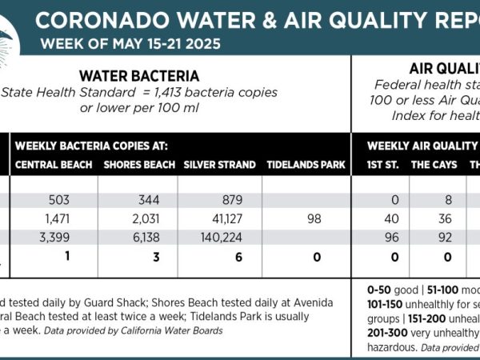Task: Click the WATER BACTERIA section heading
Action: (x=139, y=76)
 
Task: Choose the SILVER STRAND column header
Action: (x=219, y=165)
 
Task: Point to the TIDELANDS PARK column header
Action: (x=306, y=165)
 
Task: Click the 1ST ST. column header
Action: (x=380, y=165)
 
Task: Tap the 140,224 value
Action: (x=218, y=238)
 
